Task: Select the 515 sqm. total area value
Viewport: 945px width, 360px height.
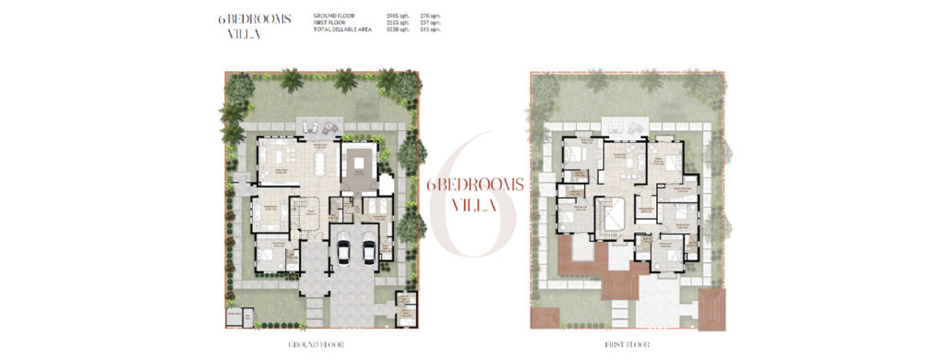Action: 431,30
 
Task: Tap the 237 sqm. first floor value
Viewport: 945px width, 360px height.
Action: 431,23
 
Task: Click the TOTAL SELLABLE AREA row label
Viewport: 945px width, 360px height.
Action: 342,30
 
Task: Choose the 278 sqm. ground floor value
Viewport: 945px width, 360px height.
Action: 431,17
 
